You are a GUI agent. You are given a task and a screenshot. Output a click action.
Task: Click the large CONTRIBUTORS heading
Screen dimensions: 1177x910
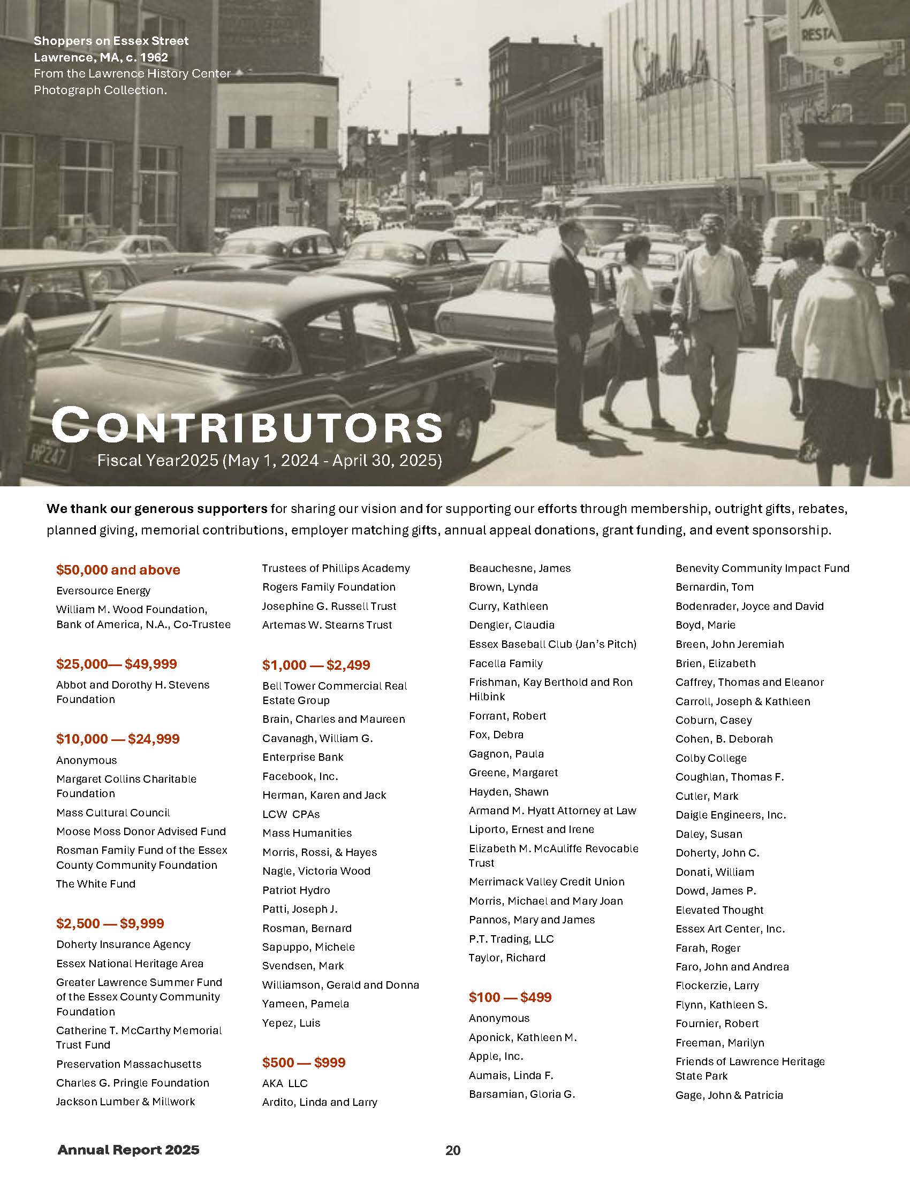247,427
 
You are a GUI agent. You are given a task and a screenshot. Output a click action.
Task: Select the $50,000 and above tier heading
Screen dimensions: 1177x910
118,570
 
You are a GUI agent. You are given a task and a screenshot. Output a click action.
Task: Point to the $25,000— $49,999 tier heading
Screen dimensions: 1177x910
117,664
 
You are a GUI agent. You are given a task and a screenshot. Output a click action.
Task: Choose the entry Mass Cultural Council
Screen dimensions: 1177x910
112,813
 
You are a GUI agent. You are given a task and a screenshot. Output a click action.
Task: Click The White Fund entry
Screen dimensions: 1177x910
95,884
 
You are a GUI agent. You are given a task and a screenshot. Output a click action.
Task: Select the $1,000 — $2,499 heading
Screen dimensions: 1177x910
316,665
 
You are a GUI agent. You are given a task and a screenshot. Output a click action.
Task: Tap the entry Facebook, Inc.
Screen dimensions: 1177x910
300,776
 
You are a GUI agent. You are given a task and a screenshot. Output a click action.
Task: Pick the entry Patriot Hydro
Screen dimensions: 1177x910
296,890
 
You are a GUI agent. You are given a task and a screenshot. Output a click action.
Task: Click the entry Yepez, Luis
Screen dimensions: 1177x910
291,1023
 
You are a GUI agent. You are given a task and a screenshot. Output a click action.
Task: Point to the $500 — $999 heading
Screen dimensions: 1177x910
304,1063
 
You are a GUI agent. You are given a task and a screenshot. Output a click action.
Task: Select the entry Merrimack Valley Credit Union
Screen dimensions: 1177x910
547,882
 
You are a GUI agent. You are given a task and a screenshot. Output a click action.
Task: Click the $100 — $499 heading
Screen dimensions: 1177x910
510,998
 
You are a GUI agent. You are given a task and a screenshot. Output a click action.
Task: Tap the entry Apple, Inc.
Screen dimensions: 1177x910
496,1056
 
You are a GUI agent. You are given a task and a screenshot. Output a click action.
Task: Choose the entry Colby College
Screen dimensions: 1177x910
710,758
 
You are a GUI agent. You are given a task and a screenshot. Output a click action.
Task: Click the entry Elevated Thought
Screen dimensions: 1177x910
719,910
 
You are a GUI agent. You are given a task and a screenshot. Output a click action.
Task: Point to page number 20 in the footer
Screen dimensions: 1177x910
453,1151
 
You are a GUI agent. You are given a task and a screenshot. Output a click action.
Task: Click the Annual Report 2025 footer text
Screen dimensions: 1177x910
128,1150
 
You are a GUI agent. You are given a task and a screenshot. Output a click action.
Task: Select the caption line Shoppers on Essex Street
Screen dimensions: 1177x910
111,41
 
